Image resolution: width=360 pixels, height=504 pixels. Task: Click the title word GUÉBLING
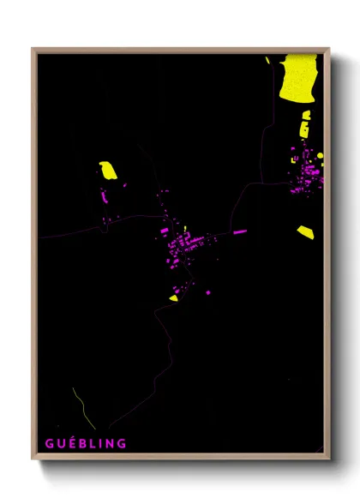(86, 443)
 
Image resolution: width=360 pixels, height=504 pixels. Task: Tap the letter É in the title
(69, 443)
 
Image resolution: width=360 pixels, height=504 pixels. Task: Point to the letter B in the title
(81, 443)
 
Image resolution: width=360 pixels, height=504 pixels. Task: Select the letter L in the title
(92, 443)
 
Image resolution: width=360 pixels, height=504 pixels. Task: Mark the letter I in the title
(100, 443)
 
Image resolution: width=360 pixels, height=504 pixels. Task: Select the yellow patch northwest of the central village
(108, 170)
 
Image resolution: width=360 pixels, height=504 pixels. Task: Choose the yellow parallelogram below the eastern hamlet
(306, 231)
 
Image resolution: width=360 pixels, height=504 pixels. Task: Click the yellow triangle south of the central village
(174, 298)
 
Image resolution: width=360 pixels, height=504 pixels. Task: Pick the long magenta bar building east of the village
(239, 231)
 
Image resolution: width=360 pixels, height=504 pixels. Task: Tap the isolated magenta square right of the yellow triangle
(208, 293)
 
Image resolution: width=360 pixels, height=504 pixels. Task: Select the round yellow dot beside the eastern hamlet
(319, 155)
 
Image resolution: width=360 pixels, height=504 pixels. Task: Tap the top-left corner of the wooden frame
(33, 50)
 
